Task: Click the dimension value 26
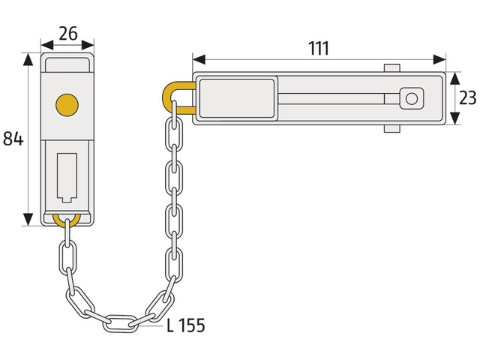[x=68, y=33]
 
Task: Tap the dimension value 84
[x=13, y=138]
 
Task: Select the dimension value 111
[x=319, y=48]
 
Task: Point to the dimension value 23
[x=468, y=98]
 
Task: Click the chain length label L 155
[x=186, y=325]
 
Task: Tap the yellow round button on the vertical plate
[x=67, y=105]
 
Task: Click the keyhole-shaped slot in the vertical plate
[x=67, y=178]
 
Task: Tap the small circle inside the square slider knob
[x=412, y=98]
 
